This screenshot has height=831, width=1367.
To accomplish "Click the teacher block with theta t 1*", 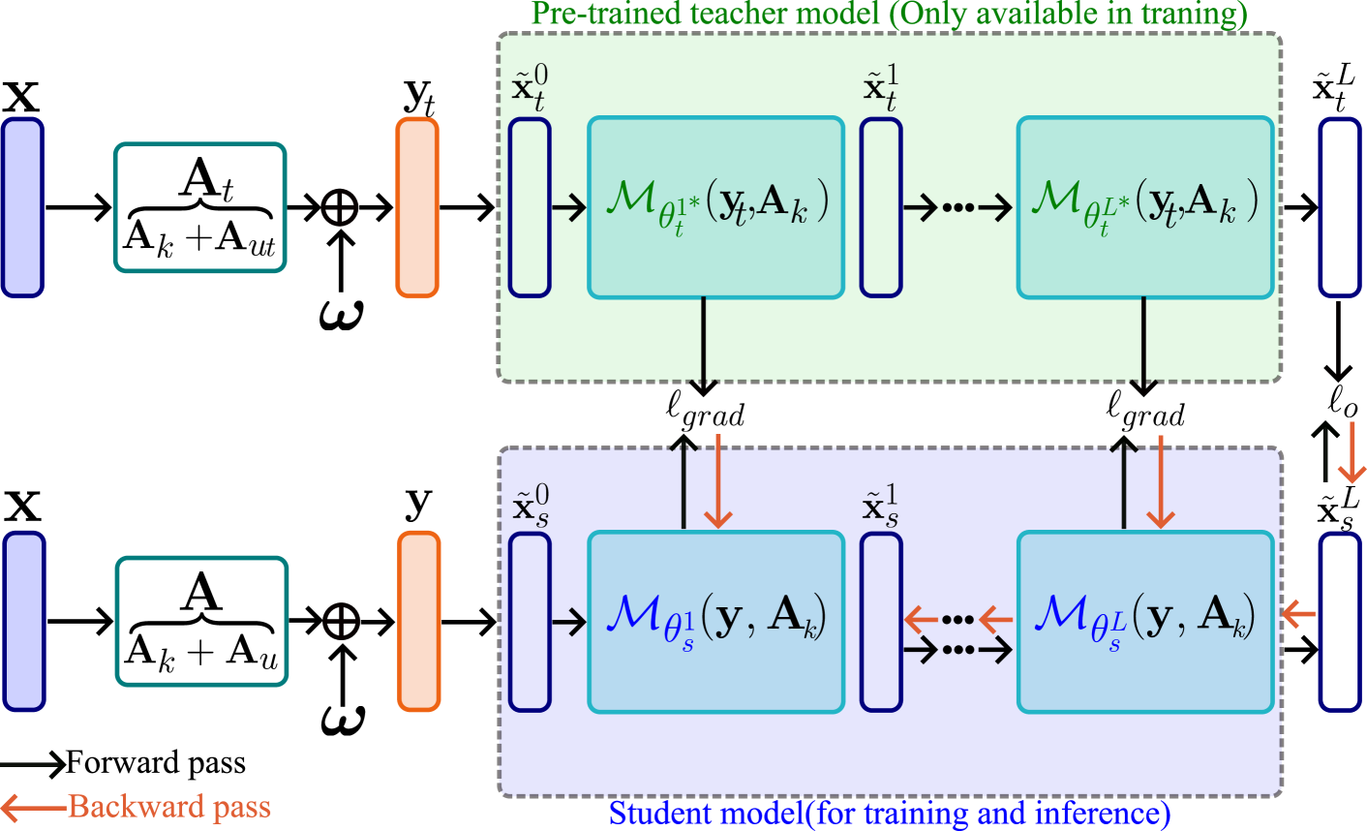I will point(715,207).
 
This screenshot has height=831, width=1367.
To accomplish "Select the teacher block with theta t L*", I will point(1144,207).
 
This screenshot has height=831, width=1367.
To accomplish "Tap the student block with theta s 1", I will point(715,621).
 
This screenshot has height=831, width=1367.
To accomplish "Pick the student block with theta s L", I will point(1144,621).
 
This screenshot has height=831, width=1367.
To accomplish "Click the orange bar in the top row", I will point(417,207).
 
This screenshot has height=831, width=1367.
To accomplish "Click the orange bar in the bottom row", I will point(418,621).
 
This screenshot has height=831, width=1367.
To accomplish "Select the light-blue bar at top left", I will point(23,207).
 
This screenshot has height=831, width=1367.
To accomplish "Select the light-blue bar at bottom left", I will point(24,621).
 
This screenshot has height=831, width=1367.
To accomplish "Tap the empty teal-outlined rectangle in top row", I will point(200,207).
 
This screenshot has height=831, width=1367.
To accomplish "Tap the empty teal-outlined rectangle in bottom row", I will point(202,621).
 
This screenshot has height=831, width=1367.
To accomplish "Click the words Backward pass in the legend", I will point(169,807).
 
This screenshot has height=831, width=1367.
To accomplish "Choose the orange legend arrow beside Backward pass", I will point(34,807).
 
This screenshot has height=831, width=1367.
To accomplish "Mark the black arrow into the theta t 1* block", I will point(568,207).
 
